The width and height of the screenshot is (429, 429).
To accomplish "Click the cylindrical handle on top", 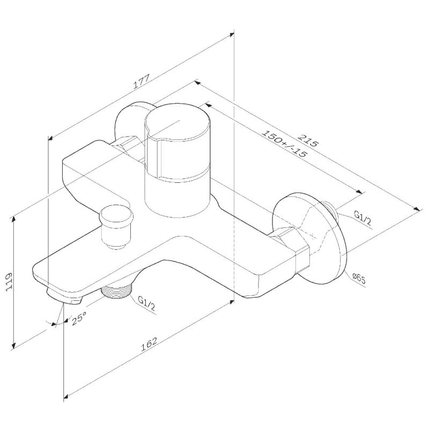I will click(x=177, y=156).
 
